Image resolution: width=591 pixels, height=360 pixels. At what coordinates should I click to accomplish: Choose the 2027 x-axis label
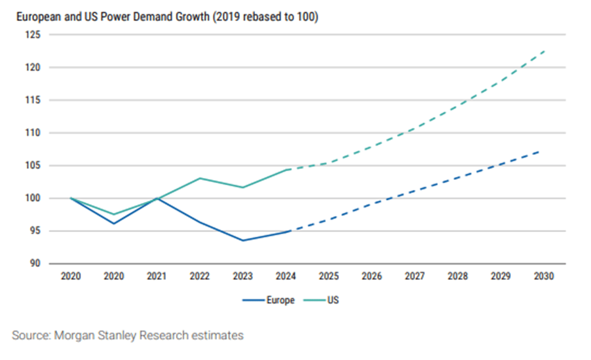(414, 275)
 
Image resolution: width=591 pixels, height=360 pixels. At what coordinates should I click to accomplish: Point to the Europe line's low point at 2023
(243, 240)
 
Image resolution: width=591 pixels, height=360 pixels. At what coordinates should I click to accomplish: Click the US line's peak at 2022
(200, 178)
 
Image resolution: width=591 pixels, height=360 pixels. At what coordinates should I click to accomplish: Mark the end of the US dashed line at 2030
(544, 51)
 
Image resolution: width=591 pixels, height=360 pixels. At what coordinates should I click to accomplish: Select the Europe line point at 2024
(288, 231)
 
